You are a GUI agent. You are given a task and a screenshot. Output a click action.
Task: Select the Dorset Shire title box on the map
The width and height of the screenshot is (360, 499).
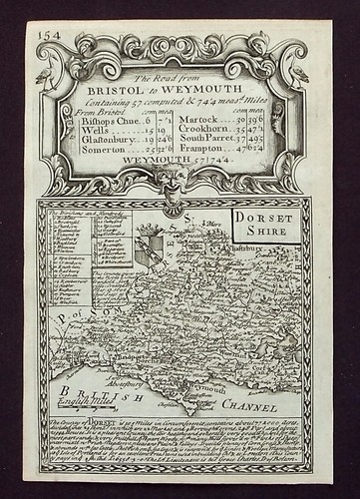(262, 224)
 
